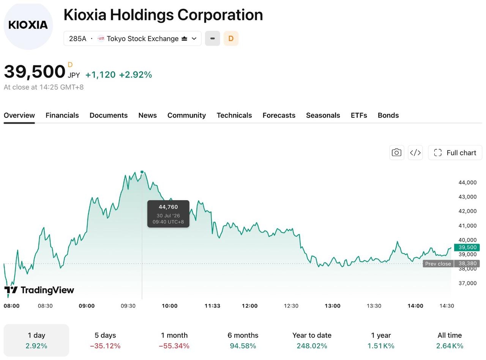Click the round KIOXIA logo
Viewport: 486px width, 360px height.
pos(28,26)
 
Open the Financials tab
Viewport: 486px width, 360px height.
pos(62,115)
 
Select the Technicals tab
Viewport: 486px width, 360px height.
pos(234,115)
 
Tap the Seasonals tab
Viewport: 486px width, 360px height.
pos(323,115)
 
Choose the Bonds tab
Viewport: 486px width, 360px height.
pos(388,115)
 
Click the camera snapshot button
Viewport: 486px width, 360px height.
pos(396,153)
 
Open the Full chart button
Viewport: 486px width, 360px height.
pos(455,153)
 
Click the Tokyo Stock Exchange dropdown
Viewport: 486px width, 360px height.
pos(133,39)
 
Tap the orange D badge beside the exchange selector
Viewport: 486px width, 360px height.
pos(231,39)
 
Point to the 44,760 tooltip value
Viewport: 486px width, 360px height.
pos(168,207)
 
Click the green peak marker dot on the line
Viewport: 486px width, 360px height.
pos(142,172)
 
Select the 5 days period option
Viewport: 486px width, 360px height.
pos(105,340)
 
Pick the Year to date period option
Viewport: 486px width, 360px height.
pos(312,340)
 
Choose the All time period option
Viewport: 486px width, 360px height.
pos(450,340)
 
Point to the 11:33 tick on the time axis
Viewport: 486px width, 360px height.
pos(212,306)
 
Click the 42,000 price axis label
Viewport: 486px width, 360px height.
pos(467,211)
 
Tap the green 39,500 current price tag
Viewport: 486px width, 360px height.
pos(467,247)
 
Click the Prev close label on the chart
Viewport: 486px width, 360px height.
pos(438,264)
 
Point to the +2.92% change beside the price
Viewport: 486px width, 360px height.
pos(136,75)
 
